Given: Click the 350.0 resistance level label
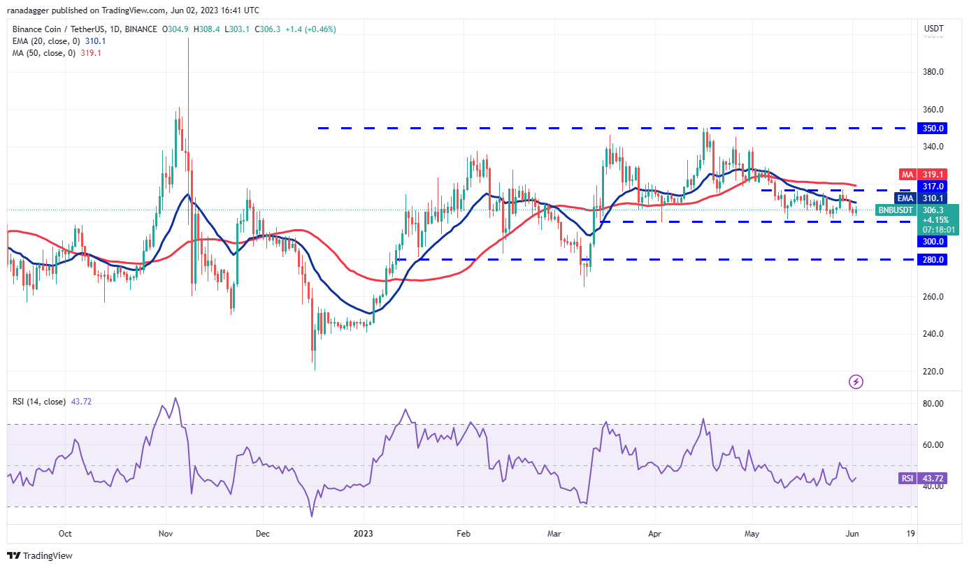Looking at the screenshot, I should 933,129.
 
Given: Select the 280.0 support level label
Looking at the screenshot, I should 933,260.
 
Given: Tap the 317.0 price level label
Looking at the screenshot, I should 933,187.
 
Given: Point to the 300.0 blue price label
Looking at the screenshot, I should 933,242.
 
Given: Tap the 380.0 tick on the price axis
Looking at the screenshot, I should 933,72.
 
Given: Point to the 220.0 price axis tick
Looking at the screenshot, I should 933,372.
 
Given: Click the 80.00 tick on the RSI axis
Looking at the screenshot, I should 933,404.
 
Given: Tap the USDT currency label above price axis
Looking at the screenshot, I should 933,29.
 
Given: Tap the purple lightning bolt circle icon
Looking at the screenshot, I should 856,381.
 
